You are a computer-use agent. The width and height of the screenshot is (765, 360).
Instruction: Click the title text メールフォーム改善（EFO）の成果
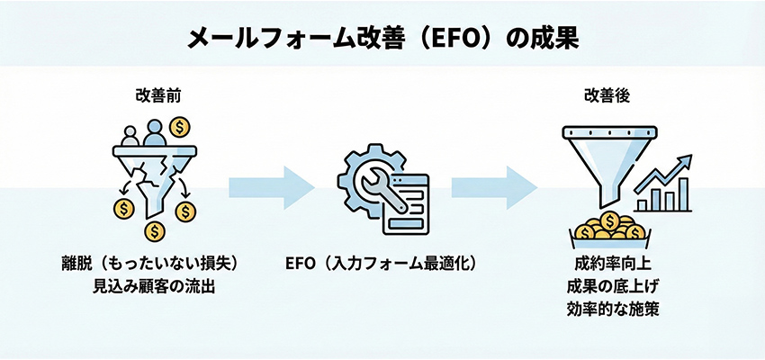(382, 37)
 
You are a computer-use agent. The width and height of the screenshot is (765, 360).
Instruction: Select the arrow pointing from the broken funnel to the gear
(271, 185)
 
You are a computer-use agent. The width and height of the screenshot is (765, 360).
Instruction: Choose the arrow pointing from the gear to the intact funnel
(494, 185)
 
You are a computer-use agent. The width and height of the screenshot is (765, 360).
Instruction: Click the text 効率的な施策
(611, 310)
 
